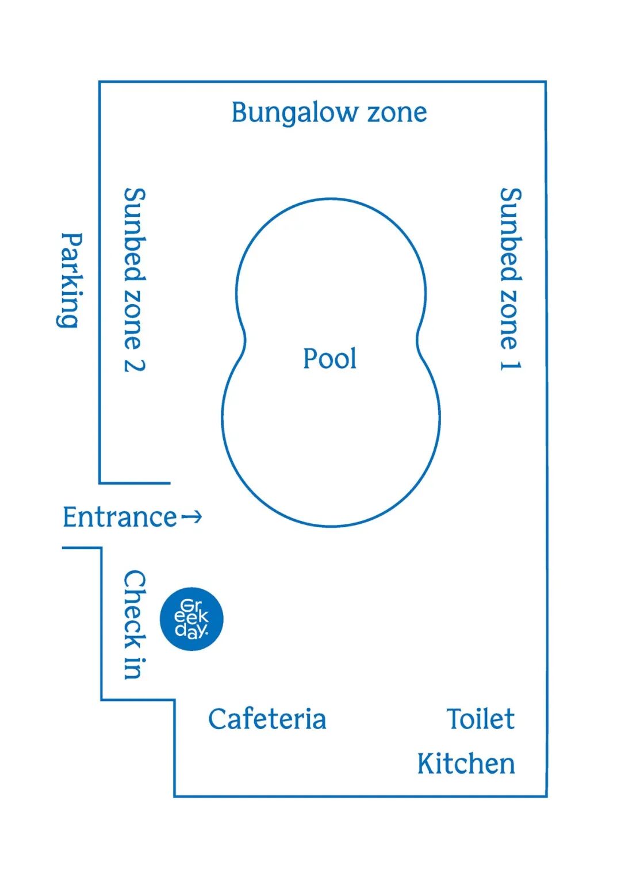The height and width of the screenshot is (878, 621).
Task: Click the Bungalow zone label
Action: click(x=329, y=113)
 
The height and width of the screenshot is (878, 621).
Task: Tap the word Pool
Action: click(x=329, y=359)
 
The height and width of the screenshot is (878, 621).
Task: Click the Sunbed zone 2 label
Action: click(x=135, y=279)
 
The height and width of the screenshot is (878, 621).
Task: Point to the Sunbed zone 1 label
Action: click(x=510, y=279)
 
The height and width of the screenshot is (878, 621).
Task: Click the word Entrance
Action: click(x=120, y=517)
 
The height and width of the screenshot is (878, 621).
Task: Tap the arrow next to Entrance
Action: click(x=192, y=517)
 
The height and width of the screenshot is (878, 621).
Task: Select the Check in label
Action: click(x=135, y=624)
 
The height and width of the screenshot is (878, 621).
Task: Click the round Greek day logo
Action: click(x=191, y=619)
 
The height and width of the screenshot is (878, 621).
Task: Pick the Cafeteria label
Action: click(x=267, y=719)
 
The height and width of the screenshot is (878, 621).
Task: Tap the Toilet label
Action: click(x=481, y=719)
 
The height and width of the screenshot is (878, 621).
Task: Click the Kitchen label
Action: click(x=466, y=764)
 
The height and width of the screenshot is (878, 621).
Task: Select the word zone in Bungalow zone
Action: click(x=397, y=113)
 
